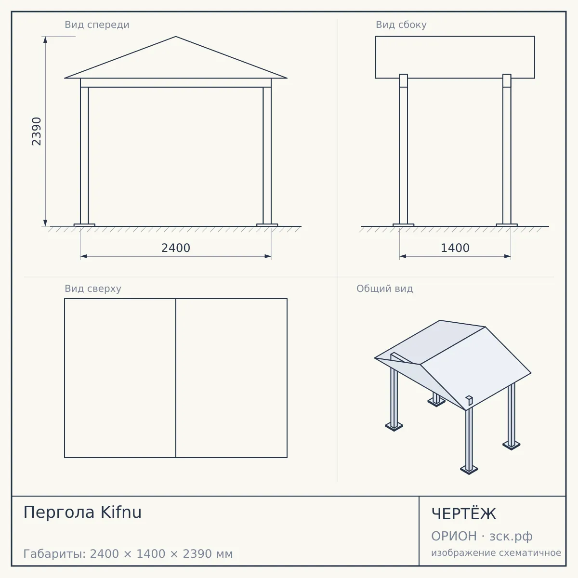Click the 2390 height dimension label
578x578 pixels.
(36, 131)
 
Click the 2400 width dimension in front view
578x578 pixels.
(176, 248)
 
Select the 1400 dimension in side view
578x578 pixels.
(455, 248)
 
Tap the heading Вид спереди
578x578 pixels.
(97, 25)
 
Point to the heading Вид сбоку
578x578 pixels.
(401, 25)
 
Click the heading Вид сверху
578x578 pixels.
(93, 289)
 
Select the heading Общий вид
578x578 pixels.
(384, 289)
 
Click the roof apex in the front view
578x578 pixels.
(176, 37)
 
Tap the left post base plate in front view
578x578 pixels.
(84, 225)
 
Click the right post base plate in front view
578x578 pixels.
(267, 225)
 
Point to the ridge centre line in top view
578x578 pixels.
(176, 378)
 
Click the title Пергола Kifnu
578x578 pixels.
(82, 512)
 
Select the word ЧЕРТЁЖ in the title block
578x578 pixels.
(463, 513)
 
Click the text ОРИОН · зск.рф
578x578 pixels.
(482, 536)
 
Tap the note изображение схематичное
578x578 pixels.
(496, 552)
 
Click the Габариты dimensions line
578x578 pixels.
(128, 554)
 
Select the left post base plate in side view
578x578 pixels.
(404, 225)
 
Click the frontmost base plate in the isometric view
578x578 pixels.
(469, 470)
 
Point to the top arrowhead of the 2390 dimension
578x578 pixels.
(45, 39)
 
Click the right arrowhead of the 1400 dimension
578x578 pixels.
(508, 256)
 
